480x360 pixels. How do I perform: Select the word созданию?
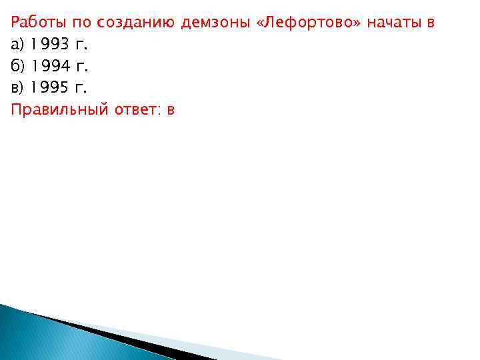tap(137, 23)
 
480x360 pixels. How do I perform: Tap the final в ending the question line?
tap(431, 23)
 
